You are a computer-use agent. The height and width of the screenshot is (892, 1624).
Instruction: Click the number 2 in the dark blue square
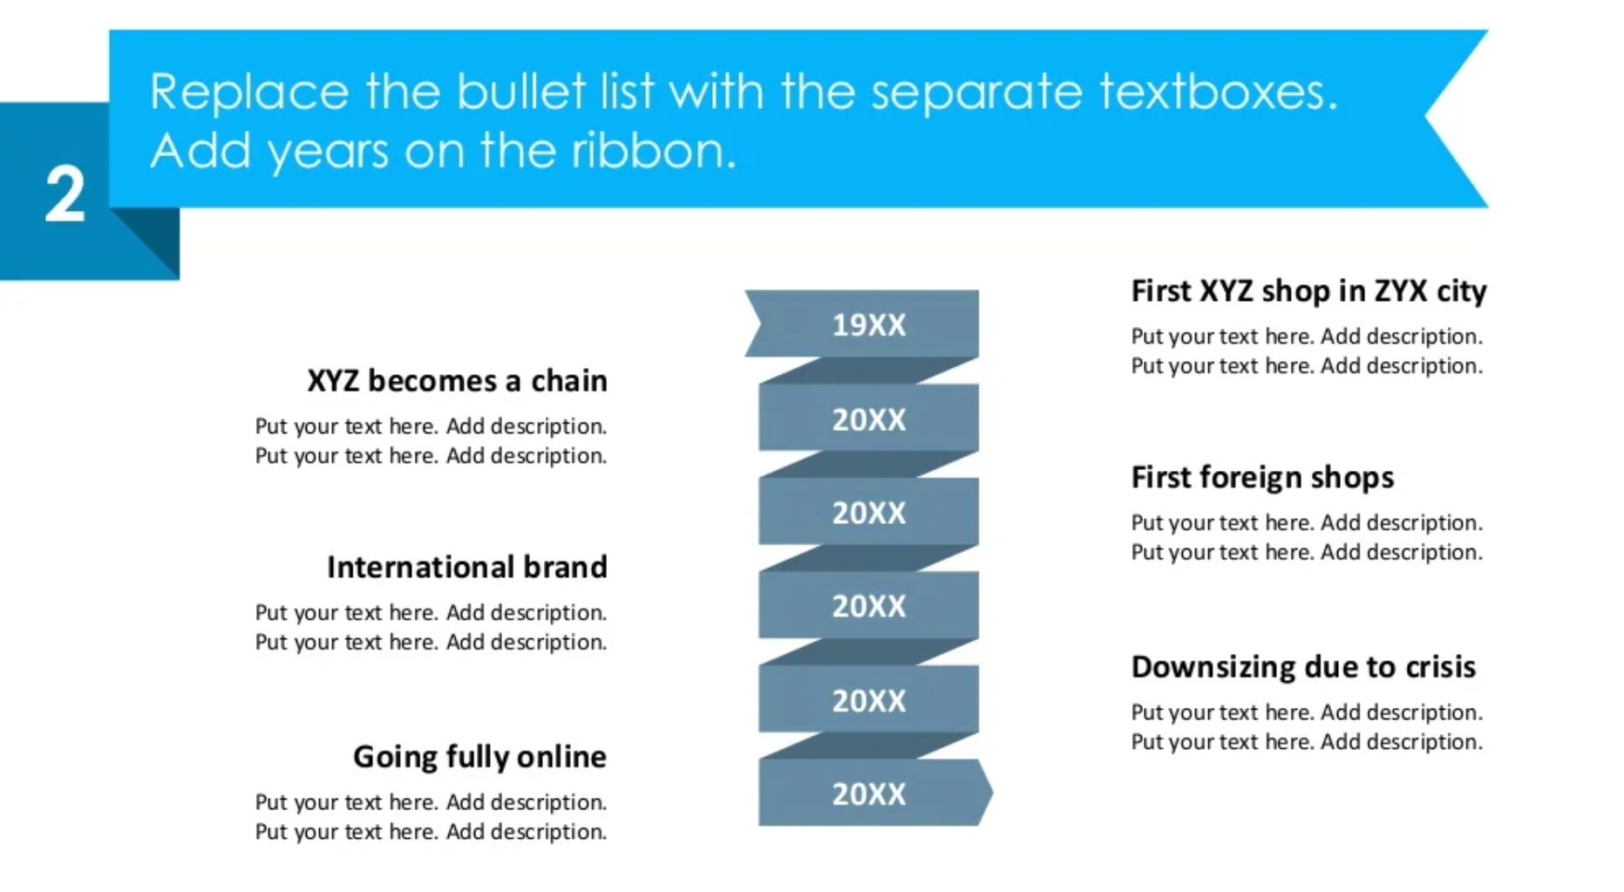tap(65, 194)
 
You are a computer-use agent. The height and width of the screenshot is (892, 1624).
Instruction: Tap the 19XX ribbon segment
tap(863, 323)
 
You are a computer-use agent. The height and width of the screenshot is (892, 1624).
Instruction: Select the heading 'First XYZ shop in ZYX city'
tap(1308, 291)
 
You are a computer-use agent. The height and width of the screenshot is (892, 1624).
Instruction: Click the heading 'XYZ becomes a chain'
tap(457, 381)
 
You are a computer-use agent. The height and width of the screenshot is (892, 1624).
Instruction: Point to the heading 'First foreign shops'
tap(1262, 478)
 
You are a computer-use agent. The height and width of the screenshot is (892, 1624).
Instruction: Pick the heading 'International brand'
tap(466, 568)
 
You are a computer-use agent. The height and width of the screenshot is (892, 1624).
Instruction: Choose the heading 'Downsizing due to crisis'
tap(1303, 667)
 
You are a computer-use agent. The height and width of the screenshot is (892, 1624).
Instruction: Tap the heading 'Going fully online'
tap(479, 757)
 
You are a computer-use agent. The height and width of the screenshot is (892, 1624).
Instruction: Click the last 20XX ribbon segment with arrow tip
tap(874, 793)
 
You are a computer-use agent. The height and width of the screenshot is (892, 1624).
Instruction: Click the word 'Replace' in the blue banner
tap(249, 92)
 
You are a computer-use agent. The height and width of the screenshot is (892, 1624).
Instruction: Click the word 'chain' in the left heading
tap(568, 381)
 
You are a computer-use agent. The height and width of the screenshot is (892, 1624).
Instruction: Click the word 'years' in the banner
tap(328, 153)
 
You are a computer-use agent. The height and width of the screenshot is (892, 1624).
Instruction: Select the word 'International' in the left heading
tap(420, 568)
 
